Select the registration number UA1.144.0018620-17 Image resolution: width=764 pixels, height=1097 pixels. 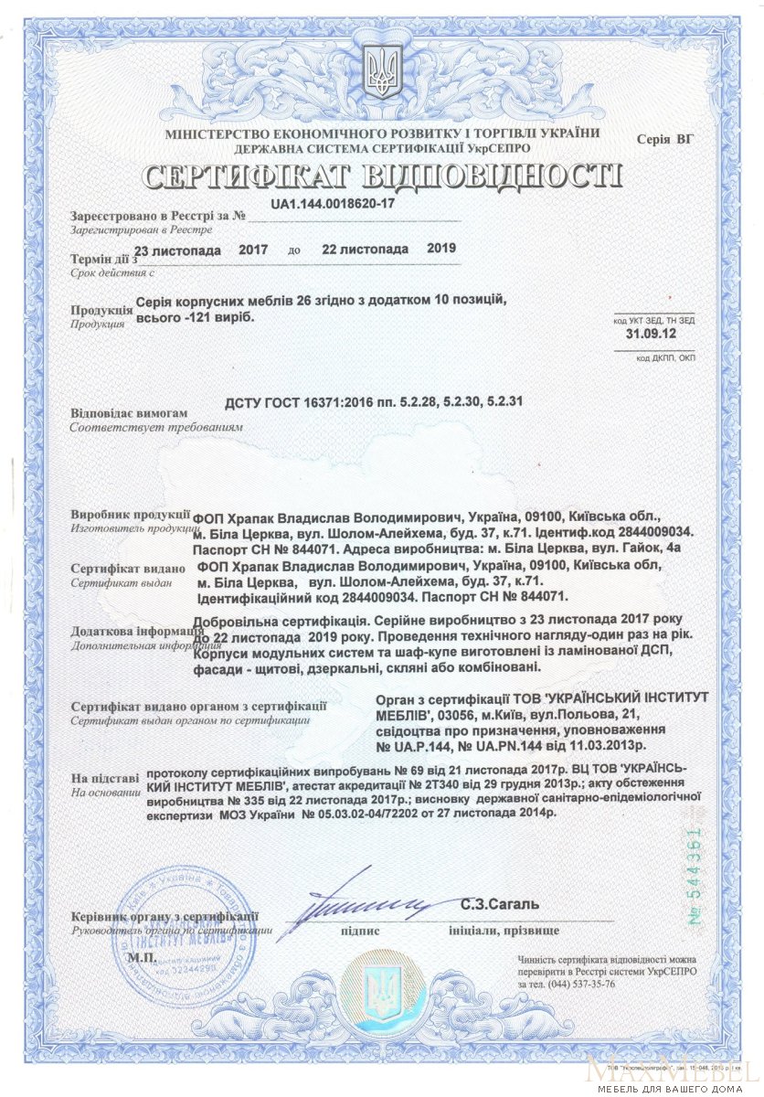pyautogui.click(x=333, y=203)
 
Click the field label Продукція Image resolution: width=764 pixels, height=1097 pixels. pyautogui.click(x=97, y=310)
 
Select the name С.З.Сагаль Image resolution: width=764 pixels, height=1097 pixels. pyautogui.click(x=500, y=905)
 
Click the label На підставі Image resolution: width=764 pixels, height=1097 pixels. pyautogui.click(x=105, y=778)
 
